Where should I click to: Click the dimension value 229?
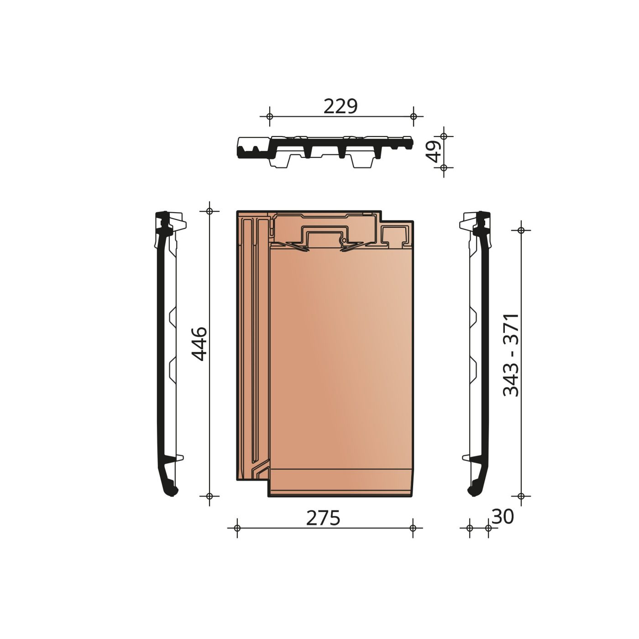(x=340, y=106)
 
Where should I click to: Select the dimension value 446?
(x=200, y=344)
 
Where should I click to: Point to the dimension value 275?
(x=323, y=518)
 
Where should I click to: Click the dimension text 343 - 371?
(x=511, y=355)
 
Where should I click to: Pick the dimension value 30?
(x=503, y=517)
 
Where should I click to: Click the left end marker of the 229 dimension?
(x=269, y=116)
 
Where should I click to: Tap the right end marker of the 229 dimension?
(x=414, y=116)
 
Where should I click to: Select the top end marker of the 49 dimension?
(x=443, y=136)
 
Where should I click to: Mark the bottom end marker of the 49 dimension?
(x=443, y=168)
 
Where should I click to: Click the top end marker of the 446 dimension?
(x=210, y=211)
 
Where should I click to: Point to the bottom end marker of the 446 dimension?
(x=210, y=496)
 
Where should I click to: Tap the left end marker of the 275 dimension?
(x=236, y=528)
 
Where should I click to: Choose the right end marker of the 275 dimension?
(x=413, y=528)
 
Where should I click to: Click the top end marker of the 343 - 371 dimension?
(x=521, y=230)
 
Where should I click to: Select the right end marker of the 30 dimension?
(x=488, y=528)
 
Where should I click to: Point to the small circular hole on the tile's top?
(x=342, y=240)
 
